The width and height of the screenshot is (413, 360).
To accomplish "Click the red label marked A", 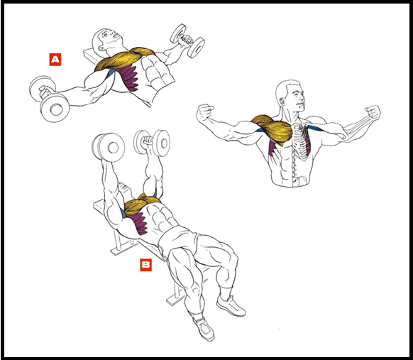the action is [55, 60].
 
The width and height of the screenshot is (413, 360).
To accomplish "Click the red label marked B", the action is [146, 265].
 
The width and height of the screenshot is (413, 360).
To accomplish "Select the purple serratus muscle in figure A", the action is [129, 78].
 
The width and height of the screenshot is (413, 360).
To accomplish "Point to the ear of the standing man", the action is [283, 102].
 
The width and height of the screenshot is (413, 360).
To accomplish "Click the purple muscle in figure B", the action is [140, 223].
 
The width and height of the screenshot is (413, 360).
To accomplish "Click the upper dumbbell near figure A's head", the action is [187, 41].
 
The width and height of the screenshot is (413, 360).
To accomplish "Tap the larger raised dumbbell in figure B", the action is [109, 147].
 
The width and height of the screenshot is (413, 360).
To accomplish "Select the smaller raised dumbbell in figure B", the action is [152, 142].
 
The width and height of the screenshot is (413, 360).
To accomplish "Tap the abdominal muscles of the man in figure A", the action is [155, 72].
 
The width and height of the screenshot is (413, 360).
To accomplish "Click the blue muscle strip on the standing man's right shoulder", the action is [316, 129].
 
